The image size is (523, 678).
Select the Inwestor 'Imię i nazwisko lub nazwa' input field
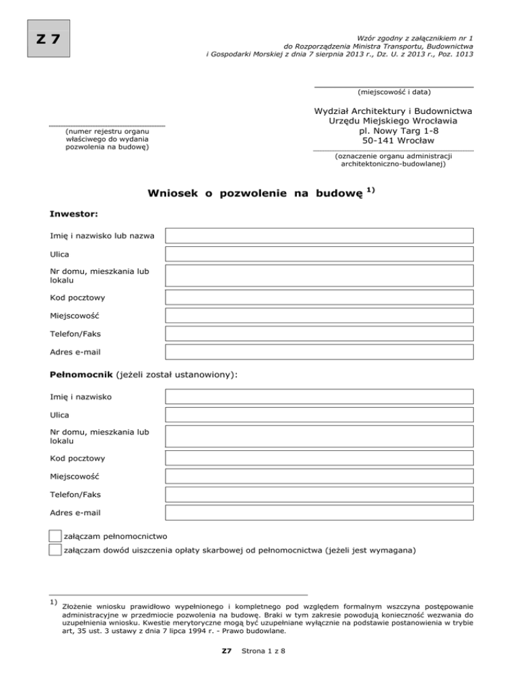319,236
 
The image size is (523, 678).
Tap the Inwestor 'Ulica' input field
319,254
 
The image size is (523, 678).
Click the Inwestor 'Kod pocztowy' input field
319,297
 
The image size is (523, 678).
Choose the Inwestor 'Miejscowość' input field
319,316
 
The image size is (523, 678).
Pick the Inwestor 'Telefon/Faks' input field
319,334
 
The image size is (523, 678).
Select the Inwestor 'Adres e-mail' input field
319,353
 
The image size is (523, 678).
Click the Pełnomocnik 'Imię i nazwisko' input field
319,396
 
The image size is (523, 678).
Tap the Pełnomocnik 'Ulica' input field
319,414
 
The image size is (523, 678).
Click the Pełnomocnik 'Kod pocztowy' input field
319,458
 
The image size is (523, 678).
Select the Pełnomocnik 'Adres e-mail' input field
319,512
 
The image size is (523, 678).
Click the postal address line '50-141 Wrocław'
394,141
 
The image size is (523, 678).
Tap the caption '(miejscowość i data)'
394,92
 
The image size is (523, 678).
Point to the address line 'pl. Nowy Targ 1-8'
394,130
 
